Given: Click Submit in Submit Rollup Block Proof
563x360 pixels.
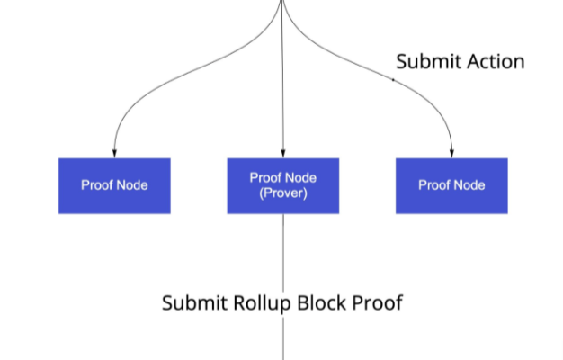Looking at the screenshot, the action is pyautogui.click(x=194, y=303).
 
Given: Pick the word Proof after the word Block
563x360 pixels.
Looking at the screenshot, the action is pyautogui.click(x=377, y=303).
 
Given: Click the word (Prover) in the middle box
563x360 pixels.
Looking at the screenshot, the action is pyautogui.click(x=283, y=193).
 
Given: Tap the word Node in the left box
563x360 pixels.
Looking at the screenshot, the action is pyautogui.click(x=132, y=185).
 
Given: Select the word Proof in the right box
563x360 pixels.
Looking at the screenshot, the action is pyautogui.click(x=434, y=185).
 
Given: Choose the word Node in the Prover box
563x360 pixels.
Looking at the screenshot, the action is pyautogui.click(x=301, y=178).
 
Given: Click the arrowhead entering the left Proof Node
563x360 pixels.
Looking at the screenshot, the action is pyautogui.click(x=114, y=154).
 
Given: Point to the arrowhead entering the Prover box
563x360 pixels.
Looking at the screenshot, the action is pyautogui.click(x=283, y=154).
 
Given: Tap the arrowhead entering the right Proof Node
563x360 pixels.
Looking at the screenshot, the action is pyautogui.click(x=451, y=154).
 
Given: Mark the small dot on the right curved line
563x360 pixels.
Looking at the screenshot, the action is pyautogui.click(x=393, y=80).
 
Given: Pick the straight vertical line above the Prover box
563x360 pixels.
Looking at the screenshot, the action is pyautogui.click(x=283, y=77).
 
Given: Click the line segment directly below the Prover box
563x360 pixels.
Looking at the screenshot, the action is pyautogui.click(x=283, y=253).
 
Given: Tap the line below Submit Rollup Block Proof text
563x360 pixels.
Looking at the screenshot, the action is pyautogui.click(x=283, y=337).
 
